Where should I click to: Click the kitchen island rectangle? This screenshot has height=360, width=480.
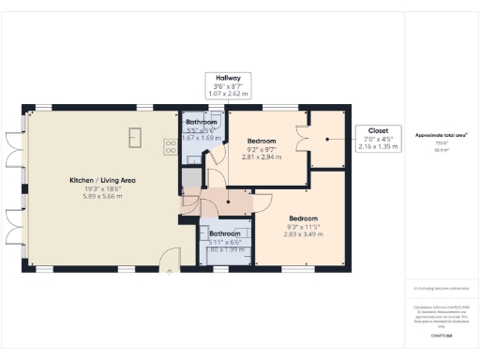click(134, 136)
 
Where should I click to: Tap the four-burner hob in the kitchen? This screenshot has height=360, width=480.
click(172, 146)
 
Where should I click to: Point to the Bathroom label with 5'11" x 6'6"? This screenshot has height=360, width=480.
click(225, 233)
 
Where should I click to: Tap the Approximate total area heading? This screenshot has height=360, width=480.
click(441, 134)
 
